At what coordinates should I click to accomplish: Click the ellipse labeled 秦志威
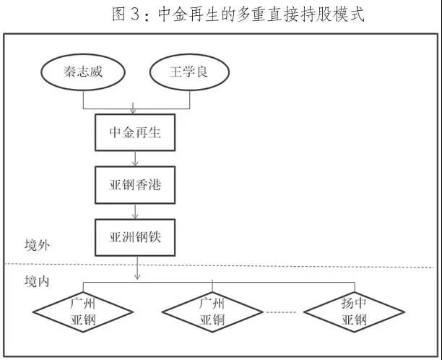click(x=84, y=73)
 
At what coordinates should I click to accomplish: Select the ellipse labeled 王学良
click(x=188, y=73)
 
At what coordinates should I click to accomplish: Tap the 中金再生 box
click(x=135, y=132)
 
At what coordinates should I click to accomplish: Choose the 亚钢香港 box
click(x=135, y=184)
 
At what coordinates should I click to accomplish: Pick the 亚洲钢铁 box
click(x=135, y=237)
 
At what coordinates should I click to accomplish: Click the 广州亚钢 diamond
click(x=83, y=312)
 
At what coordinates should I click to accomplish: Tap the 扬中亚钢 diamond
click(x=353, y=312)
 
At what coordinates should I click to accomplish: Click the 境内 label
click(x=38, y=280)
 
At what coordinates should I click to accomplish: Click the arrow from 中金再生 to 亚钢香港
click(x=135, y=158)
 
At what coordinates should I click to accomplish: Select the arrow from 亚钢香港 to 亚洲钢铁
click(x=135, y=211)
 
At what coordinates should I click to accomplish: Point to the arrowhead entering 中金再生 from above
click(x=135, y=112)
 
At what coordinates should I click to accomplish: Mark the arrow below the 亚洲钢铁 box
click(x=137, y=267)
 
